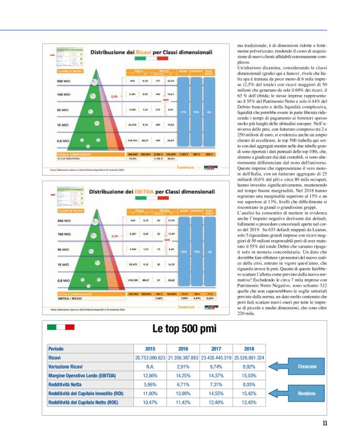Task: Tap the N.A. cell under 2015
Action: (x=150, y=367)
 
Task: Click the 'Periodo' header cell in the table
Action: (x=57, y=349)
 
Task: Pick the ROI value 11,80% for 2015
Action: (x=150, y=393)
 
